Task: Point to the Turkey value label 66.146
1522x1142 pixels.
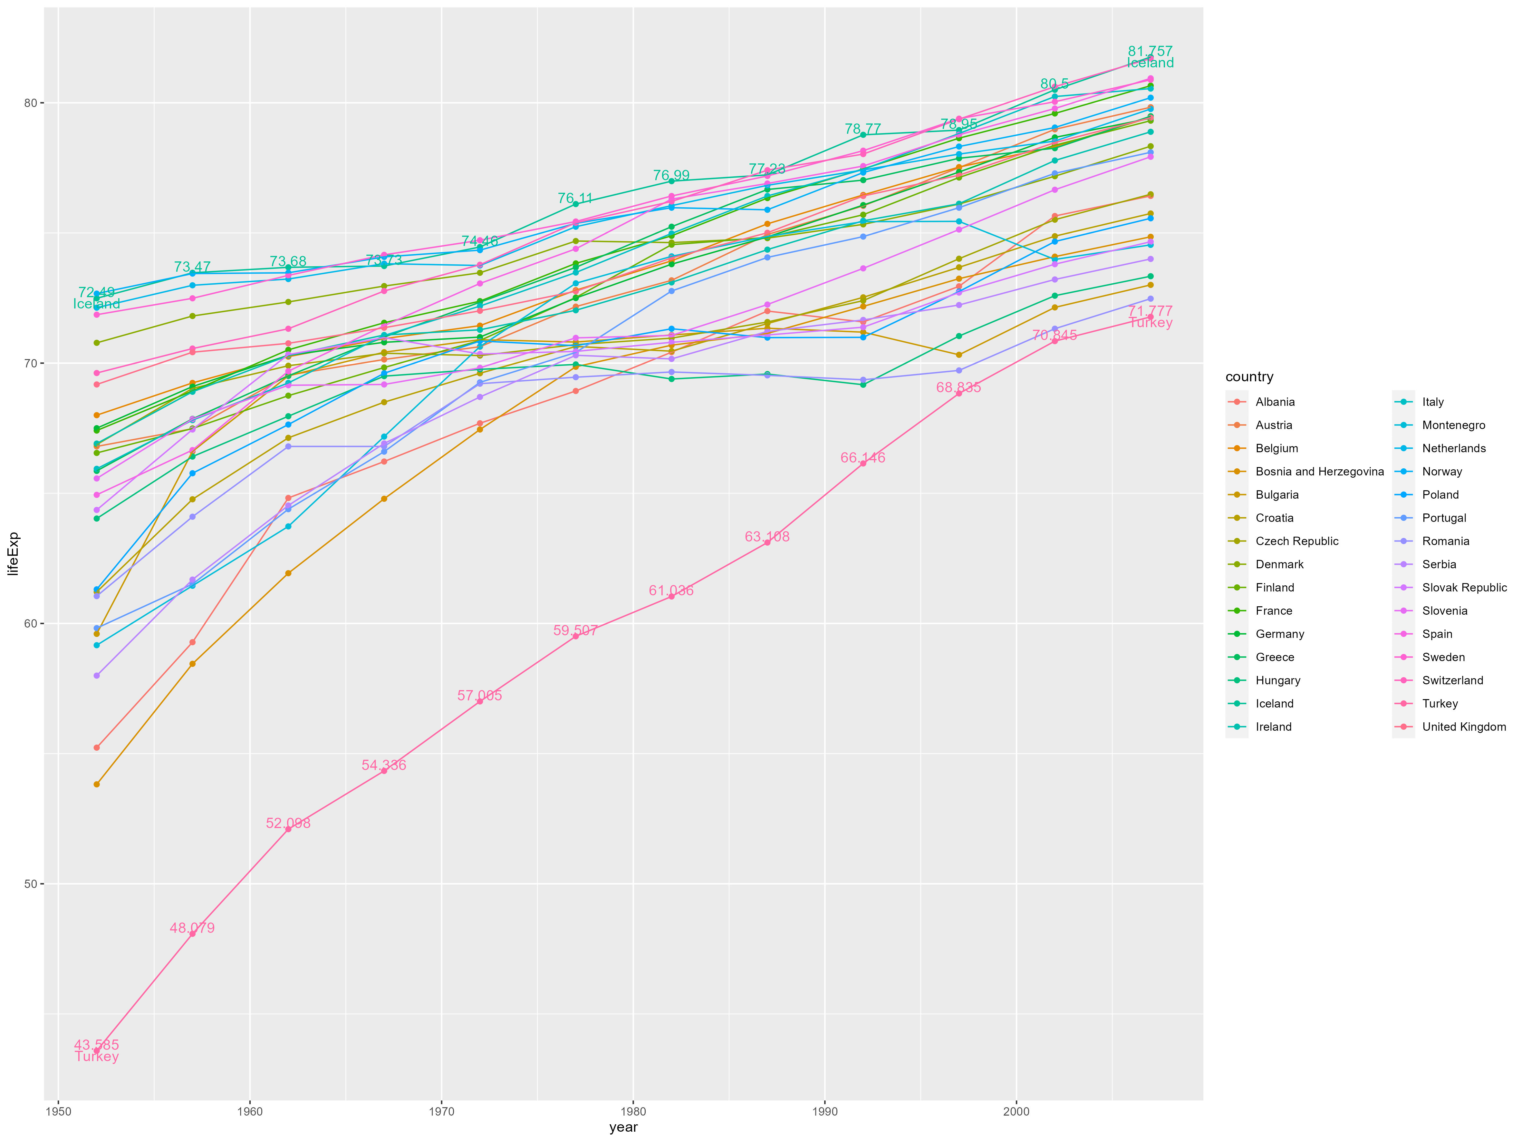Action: pyautogui.click(x=863, y=458)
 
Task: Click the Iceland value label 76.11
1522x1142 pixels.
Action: pyautogui.click(x=575, y=198)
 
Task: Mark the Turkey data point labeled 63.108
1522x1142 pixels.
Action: pyautogui.click(x=767, y=542)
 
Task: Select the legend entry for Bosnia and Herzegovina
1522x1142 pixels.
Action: pyautogui.click(x=1319, y=472)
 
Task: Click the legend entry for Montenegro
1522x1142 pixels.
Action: pyautogui.click(x=1453, y=425)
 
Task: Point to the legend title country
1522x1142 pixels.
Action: pyautogui.click(x=1249, y=376)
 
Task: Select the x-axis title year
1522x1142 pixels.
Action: pyautogui.click(x=623, y=1127)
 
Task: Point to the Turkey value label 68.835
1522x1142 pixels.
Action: pyautogui.click(x=958, y=387)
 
